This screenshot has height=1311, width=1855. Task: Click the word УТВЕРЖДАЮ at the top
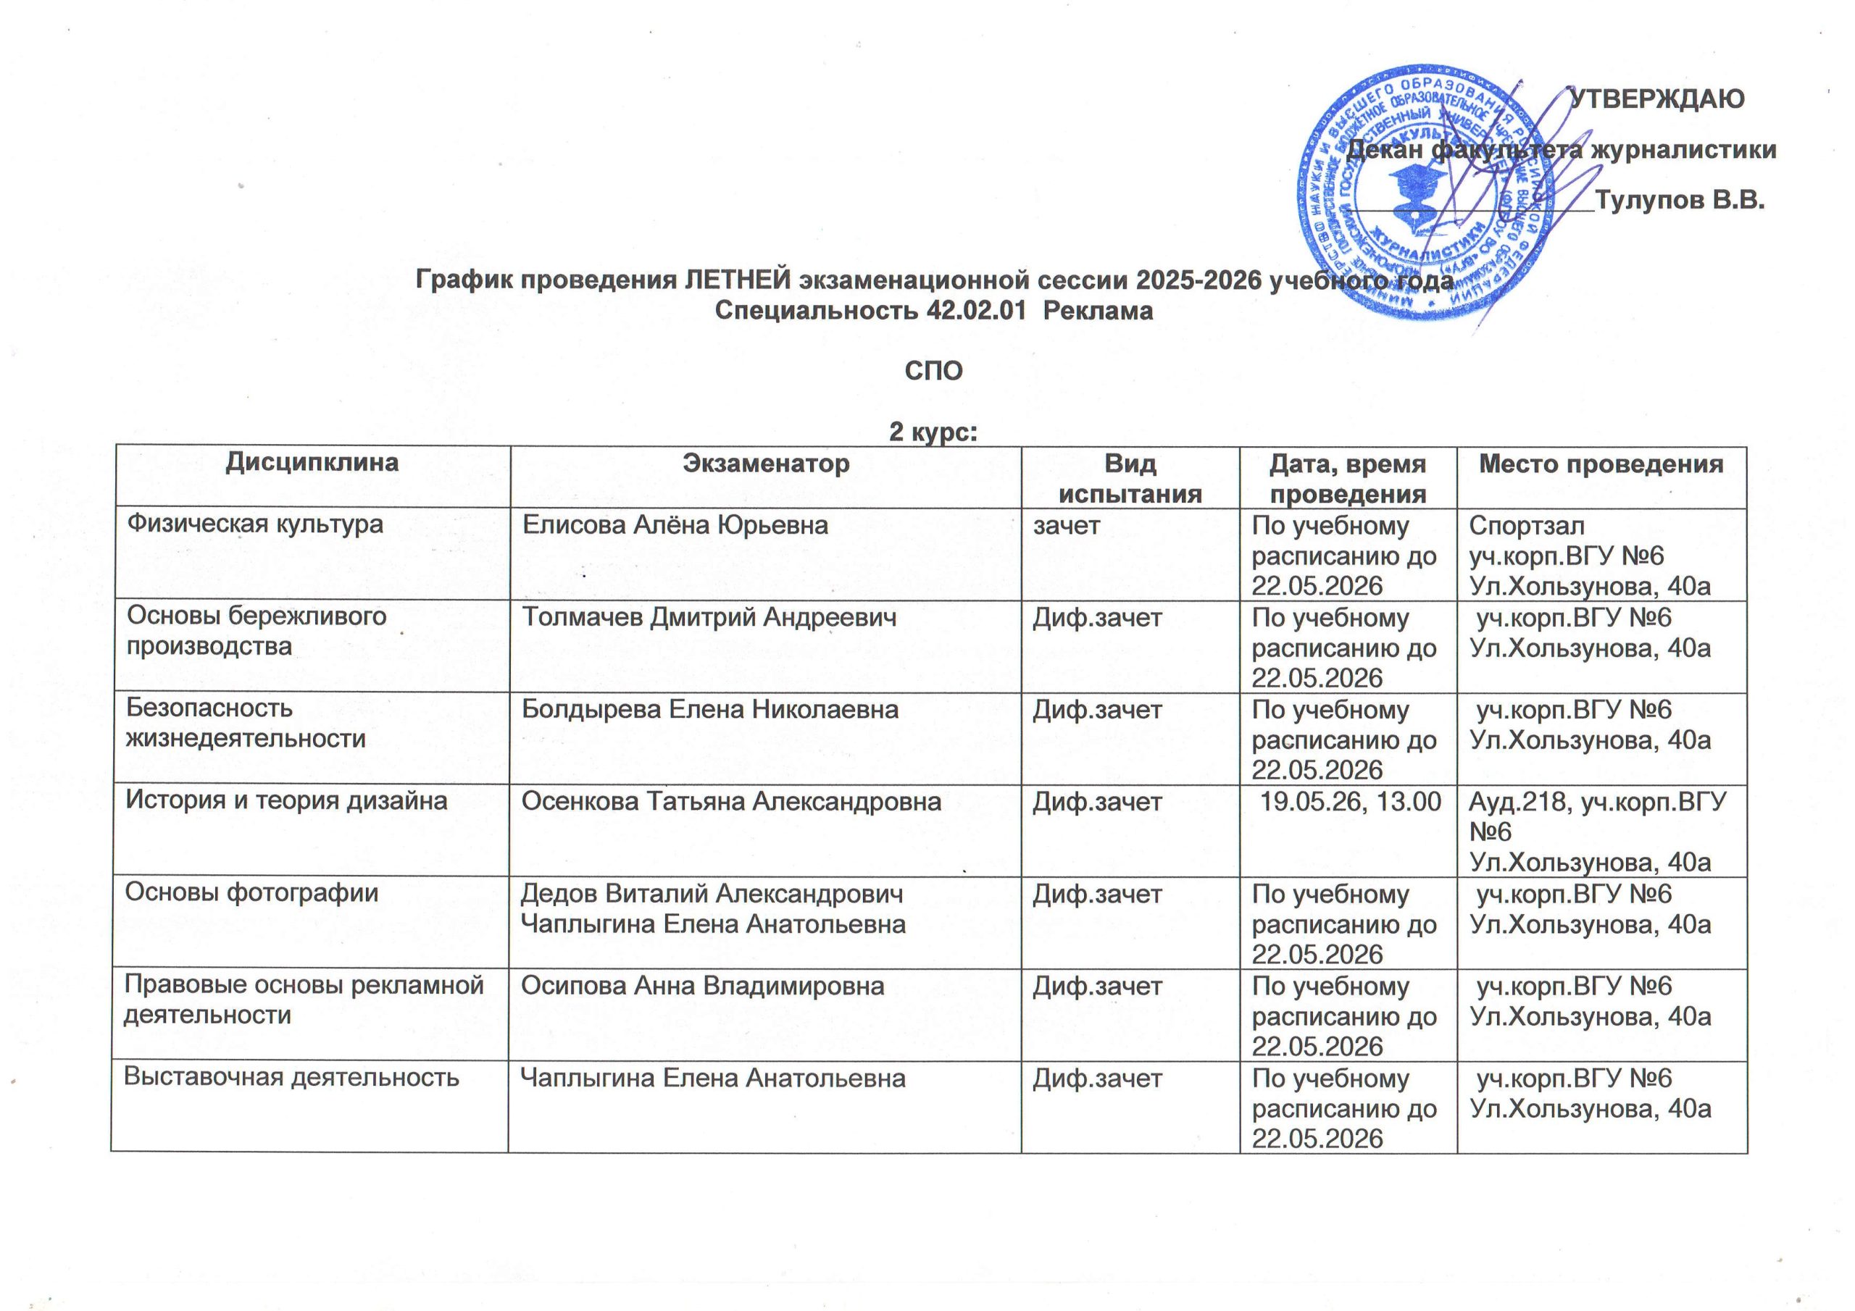tap(1656, 99)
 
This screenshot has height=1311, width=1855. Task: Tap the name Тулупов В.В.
tap(1680, 201)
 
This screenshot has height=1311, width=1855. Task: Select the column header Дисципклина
tap(312, 462)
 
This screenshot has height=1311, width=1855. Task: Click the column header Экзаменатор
tap(765, 463)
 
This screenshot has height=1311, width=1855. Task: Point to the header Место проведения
tap(1601, 464)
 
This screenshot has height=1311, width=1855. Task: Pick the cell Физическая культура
tap(254, 524)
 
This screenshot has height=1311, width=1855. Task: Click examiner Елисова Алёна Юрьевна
tap(675, 525)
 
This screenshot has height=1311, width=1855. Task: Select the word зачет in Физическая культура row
tap(1067, 526)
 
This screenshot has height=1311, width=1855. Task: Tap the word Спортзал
tap(1526, 526)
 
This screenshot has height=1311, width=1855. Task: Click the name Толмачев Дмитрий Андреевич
tap(709, 618)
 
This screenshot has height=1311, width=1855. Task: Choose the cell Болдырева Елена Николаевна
tap(709, 710)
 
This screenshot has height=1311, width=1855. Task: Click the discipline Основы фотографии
tap(251, 892)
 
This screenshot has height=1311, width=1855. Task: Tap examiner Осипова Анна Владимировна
tap(702, 987)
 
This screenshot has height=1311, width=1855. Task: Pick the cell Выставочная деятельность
tap(291, 1078)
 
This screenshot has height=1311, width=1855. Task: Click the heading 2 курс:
tap(933, 432)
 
